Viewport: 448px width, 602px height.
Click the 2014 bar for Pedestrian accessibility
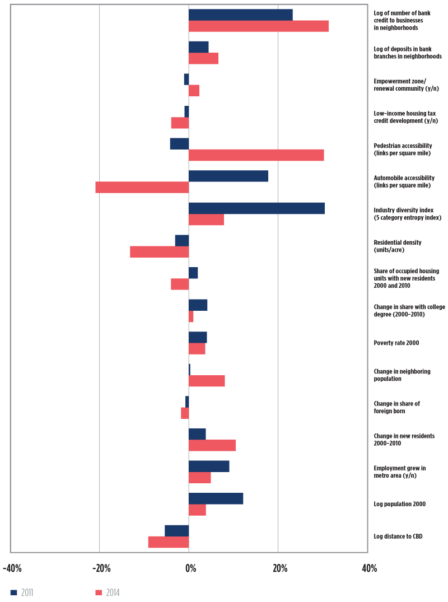pos(256,155)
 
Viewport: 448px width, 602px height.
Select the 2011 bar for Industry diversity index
pos(256,208)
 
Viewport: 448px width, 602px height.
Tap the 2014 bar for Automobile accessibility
pos(142,187)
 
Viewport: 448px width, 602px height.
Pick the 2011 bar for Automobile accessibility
pos(228,176)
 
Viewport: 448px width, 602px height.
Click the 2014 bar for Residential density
pos(160,252)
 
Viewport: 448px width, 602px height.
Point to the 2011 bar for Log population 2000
pos(216,498)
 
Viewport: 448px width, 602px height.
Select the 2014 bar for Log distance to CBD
pos(169,542)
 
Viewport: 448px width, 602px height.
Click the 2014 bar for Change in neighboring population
pos(207,381)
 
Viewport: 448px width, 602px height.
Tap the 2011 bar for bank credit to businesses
pos(240,15)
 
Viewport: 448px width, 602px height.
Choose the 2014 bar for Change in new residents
pos(212,445)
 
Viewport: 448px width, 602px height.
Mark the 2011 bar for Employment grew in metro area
pos(209,466)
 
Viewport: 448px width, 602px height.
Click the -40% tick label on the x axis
pos(12,569)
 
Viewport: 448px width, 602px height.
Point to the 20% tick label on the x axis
pos(280,569)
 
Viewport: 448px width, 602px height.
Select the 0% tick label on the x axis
pos(190,569)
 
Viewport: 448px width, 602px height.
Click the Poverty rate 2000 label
pos(396,343)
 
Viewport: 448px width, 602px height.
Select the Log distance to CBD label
pos(398,536)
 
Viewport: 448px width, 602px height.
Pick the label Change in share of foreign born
pos(396,407)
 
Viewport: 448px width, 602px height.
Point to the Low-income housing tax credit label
pos(405,117)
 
